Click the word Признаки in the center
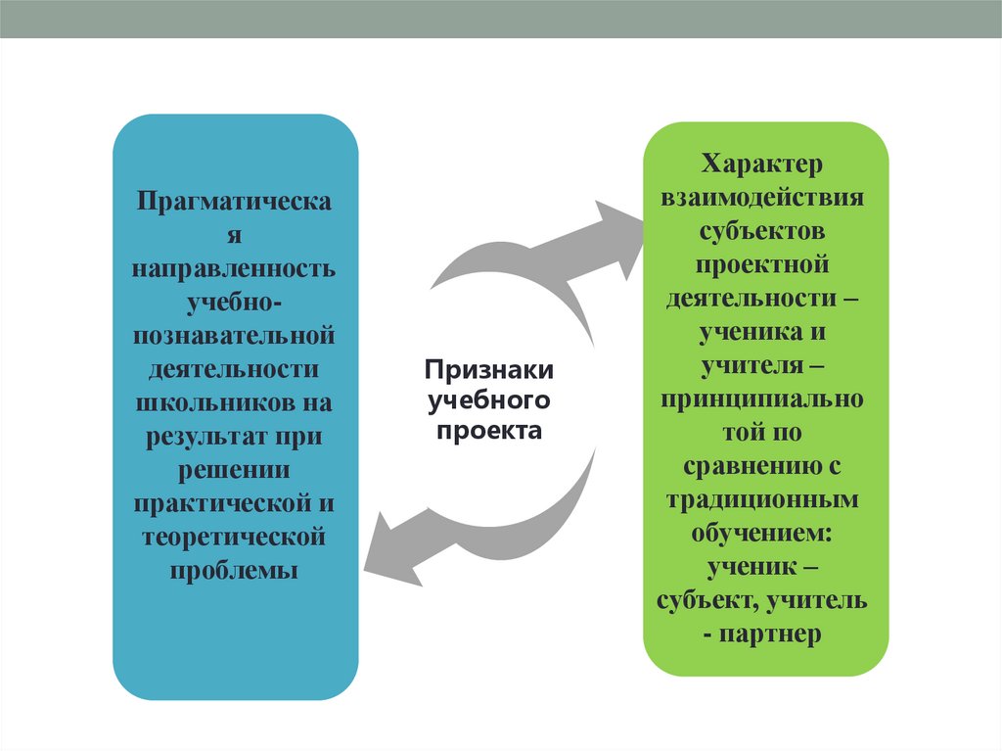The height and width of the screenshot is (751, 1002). click(x=488, y=371)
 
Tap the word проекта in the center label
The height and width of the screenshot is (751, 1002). click(x=488, y=431)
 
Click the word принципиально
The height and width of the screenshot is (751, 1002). click(x=765, y=399)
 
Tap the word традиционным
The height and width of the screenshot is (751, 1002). click(x=765, y=499)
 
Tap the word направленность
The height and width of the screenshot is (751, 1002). click(x=235, y=268)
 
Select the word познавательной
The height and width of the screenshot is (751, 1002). click(x=235, y=336)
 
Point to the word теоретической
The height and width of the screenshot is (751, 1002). click(x=235, y=537)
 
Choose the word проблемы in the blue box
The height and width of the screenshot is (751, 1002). click(x=235, y=570)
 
